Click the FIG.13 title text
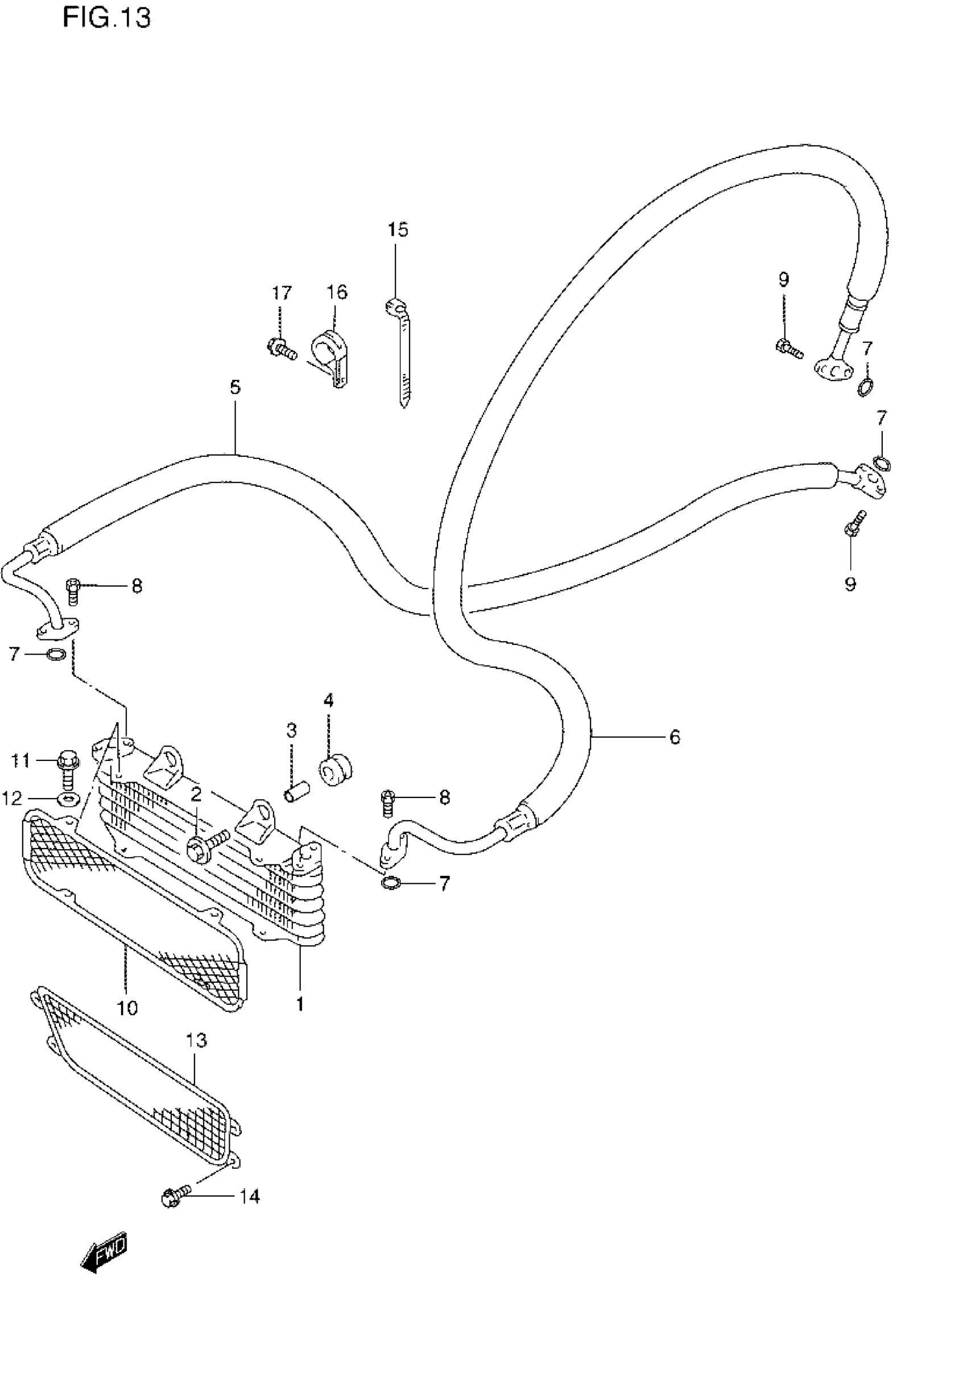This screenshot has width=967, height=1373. click(106, 18)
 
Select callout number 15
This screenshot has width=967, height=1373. click(398, 230)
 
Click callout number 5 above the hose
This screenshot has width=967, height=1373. click(235, 387)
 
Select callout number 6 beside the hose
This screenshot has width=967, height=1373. click(675, 737)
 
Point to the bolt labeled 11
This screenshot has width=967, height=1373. click(67, 770)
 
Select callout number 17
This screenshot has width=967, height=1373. click(282, 293)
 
